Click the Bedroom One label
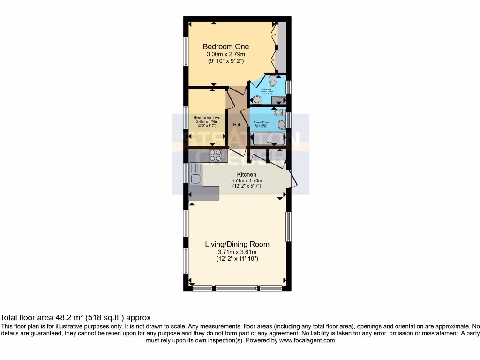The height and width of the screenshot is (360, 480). tap(225, 46)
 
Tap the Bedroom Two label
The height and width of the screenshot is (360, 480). tap(207, 118)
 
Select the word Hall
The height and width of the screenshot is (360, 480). tap(237, 125)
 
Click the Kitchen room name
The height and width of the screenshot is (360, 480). tap(247, 174)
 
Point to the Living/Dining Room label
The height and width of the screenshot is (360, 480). tap(237, 244)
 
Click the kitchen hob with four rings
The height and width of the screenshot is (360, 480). tap(215, 155)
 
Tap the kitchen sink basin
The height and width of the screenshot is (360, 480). tap(196, 178)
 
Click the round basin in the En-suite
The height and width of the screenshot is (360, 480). tap(257, 99)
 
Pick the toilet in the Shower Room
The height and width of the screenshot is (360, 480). tap(278, 112)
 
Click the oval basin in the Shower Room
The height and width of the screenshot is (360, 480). tap(282, 124)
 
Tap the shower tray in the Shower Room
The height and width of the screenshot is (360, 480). tap(269, 139)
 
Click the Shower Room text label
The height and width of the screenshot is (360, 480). tap(260, 122)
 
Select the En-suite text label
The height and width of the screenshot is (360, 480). tap(267, 89)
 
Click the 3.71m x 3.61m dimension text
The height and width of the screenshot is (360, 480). tap(237, 252)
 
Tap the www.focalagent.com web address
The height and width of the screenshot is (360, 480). tap(307, 340)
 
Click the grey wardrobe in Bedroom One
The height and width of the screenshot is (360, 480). tap(282, 47)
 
